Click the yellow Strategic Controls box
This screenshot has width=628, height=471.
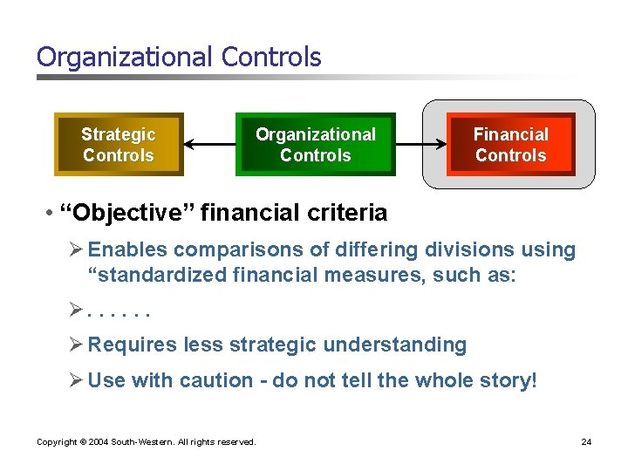(119, 145)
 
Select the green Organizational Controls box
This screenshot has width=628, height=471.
(315, 145)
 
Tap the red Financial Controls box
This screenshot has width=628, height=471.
(510, 145)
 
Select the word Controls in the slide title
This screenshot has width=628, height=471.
(271, 58)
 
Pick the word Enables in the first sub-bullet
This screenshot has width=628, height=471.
(126, 250)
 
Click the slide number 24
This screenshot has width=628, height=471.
(586, 442)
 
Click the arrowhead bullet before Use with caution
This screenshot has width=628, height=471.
(75, 381)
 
